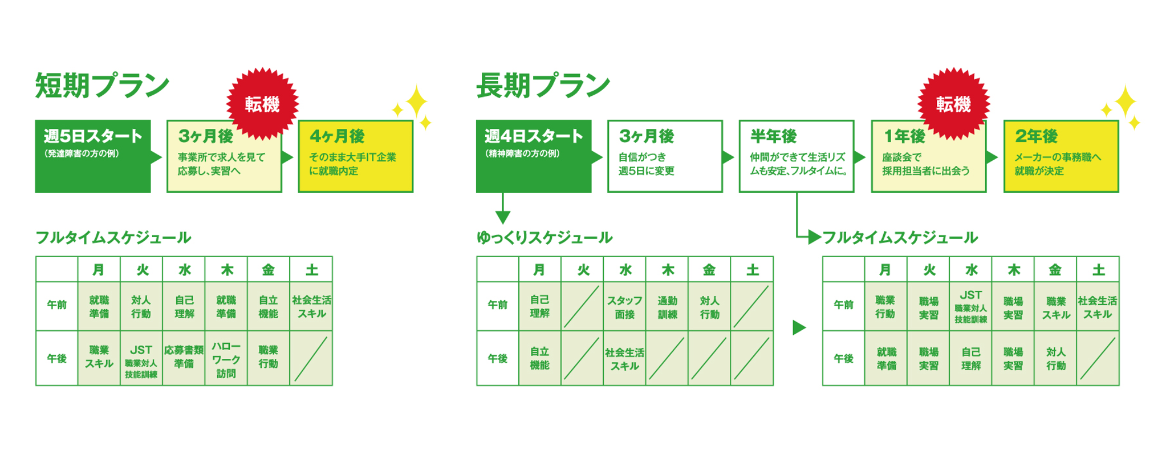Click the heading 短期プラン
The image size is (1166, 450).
[x=103, y=86]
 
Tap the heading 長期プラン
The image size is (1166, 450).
[x=543, y=86]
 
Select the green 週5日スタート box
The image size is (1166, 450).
[x=93, y=156]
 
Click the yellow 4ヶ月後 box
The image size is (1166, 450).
[x=356, y=156]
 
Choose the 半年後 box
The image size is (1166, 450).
[x=797, y=156]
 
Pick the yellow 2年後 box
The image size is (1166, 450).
[x=1061, y=156]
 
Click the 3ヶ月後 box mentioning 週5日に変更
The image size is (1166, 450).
[x=665, y=156]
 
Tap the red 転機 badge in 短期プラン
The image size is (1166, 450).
[x=262, y=104]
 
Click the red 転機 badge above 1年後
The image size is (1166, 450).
[x=954, y=104]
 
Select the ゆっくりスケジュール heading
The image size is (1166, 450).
[x=545, y=238]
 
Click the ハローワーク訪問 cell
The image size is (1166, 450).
[x=226, y=359]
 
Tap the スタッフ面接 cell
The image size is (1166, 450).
[x=624, y=307]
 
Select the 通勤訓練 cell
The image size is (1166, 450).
[x=667, y=307]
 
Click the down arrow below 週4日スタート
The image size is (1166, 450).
[x=503, y=208]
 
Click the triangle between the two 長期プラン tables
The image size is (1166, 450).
[x=799, y=327]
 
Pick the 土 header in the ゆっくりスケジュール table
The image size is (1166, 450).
[x=752, y=270]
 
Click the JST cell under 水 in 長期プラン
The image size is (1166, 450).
[x=970, y=307]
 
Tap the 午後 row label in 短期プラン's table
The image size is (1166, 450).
[x=57, y=359]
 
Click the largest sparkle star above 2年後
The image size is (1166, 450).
[x=1126, y=103]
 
